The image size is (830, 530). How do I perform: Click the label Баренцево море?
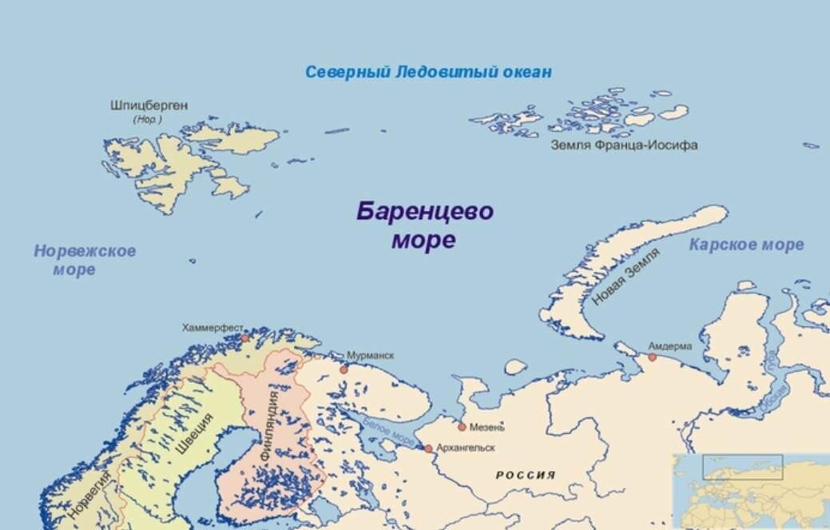point(424,225)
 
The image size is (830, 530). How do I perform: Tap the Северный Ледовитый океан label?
point(428,72)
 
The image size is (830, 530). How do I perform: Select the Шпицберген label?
point(149,106)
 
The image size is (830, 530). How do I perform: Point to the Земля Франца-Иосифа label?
point(624,145)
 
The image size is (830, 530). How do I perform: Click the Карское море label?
point(746,245)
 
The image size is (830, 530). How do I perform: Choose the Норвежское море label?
point(84,260)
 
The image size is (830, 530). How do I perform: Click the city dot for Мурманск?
point(344,369)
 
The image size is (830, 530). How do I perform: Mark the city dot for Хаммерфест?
point(245,338)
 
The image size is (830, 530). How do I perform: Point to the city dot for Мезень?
point(462,427)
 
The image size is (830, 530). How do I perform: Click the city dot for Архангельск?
point(429,448)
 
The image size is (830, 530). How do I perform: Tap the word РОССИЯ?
point(526,475)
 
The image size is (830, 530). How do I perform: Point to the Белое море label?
point(389,432)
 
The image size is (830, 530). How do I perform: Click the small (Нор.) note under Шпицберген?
point(148,119)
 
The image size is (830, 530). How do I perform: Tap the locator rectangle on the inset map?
point(742,467)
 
